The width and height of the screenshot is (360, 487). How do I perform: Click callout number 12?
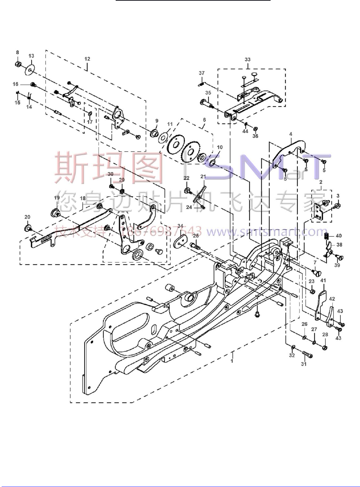87,59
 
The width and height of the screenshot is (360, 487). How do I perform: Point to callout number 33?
247,59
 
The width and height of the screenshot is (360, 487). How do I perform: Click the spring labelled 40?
327,236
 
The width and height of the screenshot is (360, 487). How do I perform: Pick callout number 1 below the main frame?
232,360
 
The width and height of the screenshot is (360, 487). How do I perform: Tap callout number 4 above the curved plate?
291,134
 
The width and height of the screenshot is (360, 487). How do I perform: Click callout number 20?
27,217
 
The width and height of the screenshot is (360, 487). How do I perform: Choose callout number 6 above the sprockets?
204,120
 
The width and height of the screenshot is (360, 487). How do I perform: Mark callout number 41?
323,280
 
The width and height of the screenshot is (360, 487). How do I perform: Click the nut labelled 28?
325,348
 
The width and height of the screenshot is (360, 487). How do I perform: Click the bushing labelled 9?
154,133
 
